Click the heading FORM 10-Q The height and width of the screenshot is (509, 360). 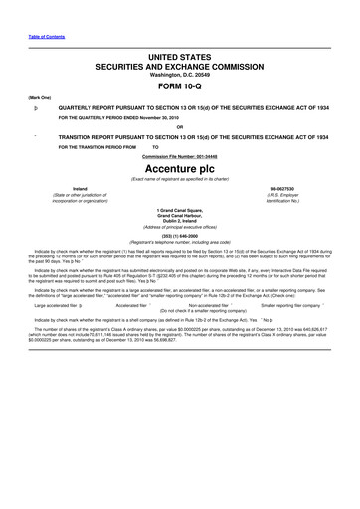(179, 83)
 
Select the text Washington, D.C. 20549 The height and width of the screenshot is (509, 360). (179, 69)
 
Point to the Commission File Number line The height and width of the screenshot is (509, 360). (179, 154)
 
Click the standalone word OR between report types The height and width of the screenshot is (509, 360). (179, 125)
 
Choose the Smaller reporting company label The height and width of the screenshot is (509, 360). (290, 306)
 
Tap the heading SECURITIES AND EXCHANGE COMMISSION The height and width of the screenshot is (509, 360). (179, 59)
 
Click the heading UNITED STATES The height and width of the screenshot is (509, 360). (179, 48)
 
